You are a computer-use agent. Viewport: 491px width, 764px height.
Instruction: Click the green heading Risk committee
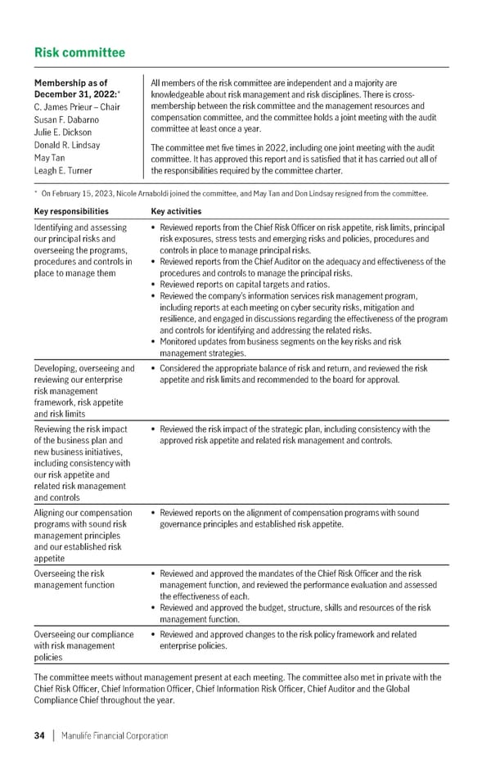[79, 53]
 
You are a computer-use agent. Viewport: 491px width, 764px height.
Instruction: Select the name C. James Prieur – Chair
[77, 107]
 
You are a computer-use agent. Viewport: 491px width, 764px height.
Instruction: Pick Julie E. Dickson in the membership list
[63, 133]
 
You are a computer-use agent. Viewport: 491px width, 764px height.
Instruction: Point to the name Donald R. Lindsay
[67, 145]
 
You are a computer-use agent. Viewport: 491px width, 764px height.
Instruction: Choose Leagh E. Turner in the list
[63, 171]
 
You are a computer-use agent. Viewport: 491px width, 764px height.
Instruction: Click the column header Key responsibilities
[70, 210]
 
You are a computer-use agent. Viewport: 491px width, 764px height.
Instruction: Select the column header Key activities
[176, 210]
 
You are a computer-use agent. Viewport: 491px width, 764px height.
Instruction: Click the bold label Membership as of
[70, 83]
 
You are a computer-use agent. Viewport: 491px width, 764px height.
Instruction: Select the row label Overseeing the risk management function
[69, 579]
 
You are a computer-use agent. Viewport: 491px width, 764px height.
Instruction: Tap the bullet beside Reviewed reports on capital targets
[155, 285]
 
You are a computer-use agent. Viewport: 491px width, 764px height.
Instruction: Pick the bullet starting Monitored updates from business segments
[155, 342]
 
